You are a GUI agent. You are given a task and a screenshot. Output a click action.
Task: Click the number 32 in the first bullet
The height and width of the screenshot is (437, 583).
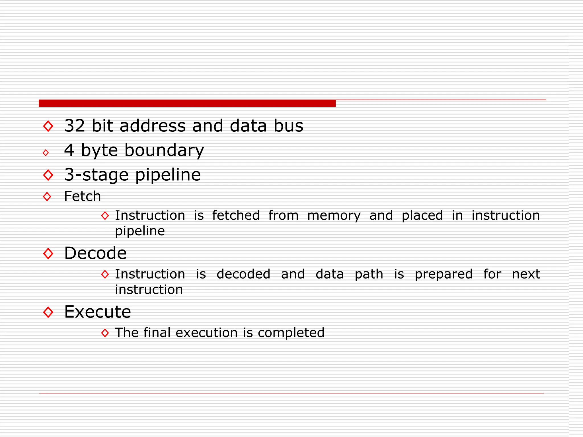(75, 126)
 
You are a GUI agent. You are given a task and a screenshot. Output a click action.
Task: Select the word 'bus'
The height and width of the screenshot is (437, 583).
(288, 126)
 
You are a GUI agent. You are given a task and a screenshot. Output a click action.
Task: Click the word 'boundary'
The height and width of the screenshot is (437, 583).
(164, 151)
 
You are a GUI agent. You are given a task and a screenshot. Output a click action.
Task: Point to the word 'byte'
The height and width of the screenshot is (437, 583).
(99, 151)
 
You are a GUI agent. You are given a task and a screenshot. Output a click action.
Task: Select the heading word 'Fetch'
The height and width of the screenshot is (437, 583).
(83, 196)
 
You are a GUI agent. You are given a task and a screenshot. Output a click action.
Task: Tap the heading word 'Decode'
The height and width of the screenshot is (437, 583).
(95, 253)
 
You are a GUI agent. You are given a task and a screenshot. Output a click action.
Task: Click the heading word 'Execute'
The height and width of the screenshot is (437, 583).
(98, 312)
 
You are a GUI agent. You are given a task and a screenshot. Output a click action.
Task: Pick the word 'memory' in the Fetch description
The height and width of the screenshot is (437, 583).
(334, 215)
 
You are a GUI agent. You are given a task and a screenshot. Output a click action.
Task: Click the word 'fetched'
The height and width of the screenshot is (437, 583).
(236, 215)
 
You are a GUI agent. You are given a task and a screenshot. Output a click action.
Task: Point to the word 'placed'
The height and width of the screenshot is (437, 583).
(422, 215)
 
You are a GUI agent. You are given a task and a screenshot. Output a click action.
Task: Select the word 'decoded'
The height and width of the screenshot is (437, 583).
(243, 274)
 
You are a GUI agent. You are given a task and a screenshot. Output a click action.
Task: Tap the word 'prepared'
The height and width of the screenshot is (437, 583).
(444, 274)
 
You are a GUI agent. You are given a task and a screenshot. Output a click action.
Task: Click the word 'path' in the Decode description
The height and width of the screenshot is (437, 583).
(369, 274)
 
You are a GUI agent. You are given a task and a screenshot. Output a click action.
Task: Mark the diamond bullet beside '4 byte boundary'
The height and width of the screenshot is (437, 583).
(46, 153)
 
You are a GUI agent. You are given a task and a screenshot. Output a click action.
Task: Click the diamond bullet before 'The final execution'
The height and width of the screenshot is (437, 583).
(105, 333)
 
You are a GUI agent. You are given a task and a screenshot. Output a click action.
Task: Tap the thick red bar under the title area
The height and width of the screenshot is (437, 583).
(187, 103)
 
